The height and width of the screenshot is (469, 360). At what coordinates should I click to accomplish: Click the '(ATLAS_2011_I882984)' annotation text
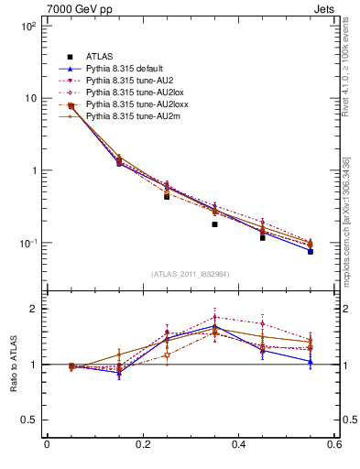191,274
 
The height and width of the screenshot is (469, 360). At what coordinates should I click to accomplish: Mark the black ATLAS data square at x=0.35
214,224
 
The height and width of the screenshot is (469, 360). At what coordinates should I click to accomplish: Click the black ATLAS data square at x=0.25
167,196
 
